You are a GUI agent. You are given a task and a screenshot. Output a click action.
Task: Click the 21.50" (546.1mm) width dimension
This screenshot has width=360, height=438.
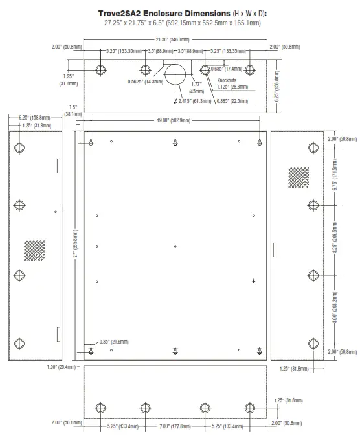tap(175, 39)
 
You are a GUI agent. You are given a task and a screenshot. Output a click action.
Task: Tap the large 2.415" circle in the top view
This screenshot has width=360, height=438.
tap(175, 76)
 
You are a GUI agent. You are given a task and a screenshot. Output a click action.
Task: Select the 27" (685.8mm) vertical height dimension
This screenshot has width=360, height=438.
tap(75, 245)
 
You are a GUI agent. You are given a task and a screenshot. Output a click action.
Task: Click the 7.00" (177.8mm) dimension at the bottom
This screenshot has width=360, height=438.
tap(175, 426)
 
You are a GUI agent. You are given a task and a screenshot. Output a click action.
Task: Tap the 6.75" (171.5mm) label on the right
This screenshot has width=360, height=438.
tap(334, 178)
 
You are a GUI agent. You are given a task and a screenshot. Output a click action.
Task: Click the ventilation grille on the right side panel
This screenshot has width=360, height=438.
tap(298, 177)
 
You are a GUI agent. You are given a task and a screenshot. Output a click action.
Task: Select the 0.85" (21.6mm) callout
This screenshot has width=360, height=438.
tap(114, 341)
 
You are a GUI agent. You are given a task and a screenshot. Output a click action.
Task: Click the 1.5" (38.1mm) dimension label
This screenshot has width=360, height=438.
tap(73, 111)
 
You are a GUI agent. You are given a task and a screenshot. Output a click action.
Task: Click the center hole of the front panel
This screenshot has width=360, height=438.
tap(175, 246)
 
